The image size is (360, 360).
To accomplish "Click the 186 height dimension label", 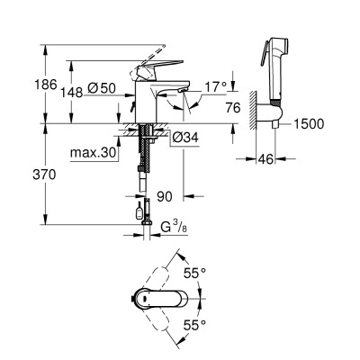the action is coord(46,85).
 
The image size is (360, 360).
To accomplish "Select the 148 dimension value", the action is coord(72,93).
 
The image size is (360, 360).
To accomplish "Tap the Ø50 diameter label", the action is coord(102,88).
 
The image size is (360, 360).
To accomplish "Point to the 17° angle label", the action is coord(216,87).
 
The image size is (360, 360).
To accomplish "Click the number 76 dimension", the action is coord(233,108).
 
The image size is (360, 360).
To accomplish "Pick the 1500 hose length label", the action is coord(309,124).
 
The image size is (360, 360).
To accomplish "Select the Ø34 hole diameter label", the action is coord(185,138).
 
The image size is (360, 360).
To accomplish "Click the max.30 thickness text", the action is coord(93,153).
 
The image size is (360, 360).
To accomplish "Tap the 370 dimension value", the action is coord(44,175).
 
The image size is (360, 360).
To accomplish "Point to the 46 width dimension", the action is coord(266,159).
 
